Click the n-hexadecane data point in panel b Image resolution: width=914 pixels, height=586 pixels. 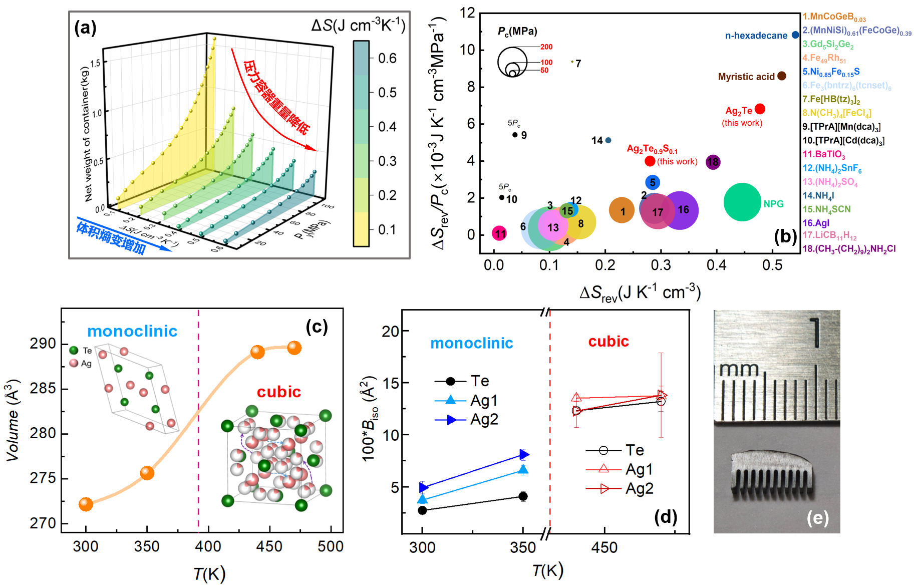pyautogui.click(x=795, y=35)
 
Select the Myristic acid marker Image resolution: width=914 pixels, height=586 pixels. pyautogui.click(x=781, y=76)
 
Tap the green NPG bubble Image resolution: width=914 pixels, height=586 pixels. pyautogui.click(x=742, y=202)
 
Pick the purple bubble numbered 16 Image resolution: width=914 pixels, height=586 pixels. pyautogui.click(x=680, y=210)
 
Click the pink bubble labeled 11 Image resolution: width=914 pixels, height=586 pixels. pyautogui.click(x=499, y=233)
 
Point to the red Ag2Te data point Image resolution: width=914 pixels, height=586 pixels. pyautogui.click(x=760, y=109)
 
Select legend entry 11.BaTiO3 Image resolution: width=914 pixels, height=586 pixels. pyautogui.click(x=824, y=154)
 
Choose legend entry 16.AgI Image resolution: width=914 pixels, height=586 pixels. pyautogui.click(x=816, y=223)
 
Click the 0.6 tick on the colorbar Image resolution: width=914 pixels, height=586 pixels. pyautogui.click(x=387, y=59)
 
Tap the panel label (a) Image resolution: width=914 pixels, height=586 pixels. pyautogui.click(x=85, y=28)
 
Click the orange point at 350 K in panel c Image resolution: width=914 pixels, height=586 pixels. pyautogui.click(x=147, y=473)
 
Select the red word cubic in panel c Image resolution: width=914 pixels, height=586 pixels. pyautogui.click(x=279, y=392)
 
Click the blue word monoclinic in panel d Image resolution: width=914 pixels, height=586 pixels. pyautogui.click(x=471, y=343)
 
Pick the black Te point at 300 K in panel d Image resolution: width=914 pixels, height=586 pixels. pyautogui.click(x=422, y=510)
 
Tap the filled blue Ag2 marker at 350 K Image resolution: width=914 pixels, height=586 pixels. pyautogui.click(x=524, y=455)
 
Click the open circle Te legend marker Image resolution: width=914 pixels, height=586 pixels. pyautogui.click(x=603, y=450)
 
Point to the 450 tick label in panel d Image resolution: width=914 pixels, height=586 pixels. pyautogui.click(x=604, y=547)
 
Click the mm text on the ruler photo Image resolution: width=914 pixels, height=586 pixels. pyautogui.click(x=739, y=370)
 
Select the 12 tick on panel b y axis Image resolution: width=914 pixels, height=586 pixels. pyautogui.click(x=467, y=13)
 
